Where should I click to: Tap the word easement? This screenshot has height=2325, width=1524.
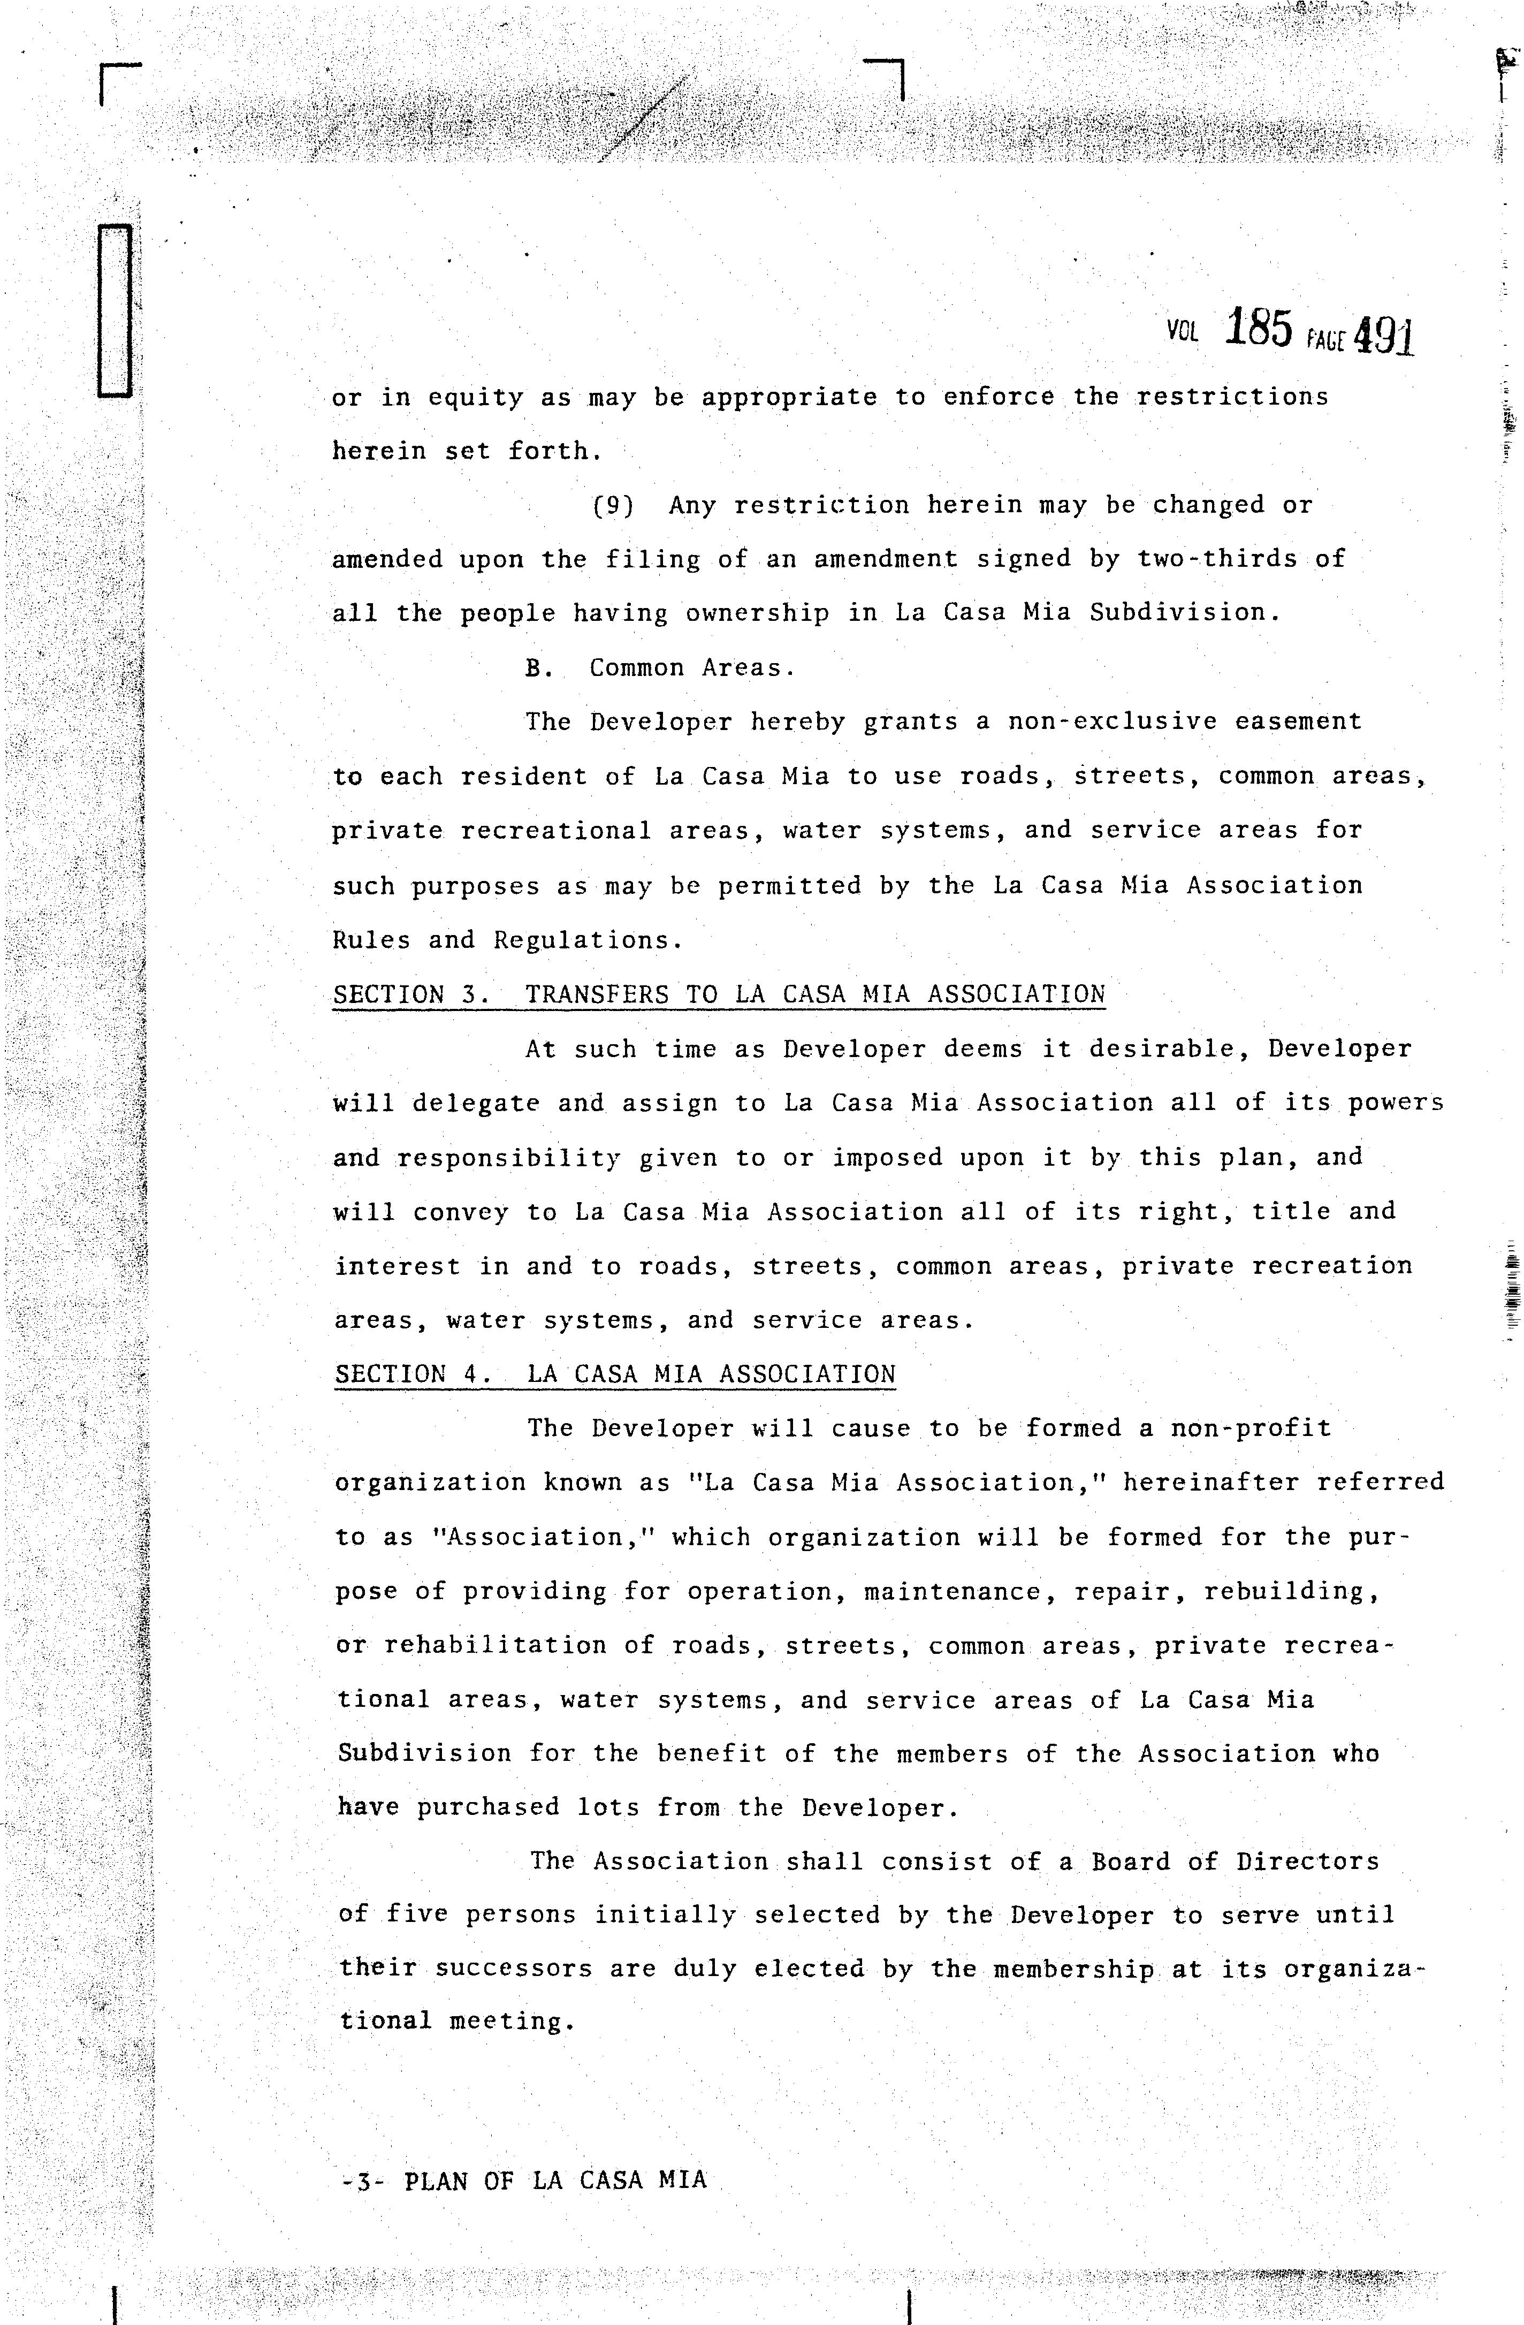tap(1297, 722)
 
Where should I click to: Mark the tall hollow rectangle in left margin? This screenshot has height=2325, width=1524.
tap(115, 310)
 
